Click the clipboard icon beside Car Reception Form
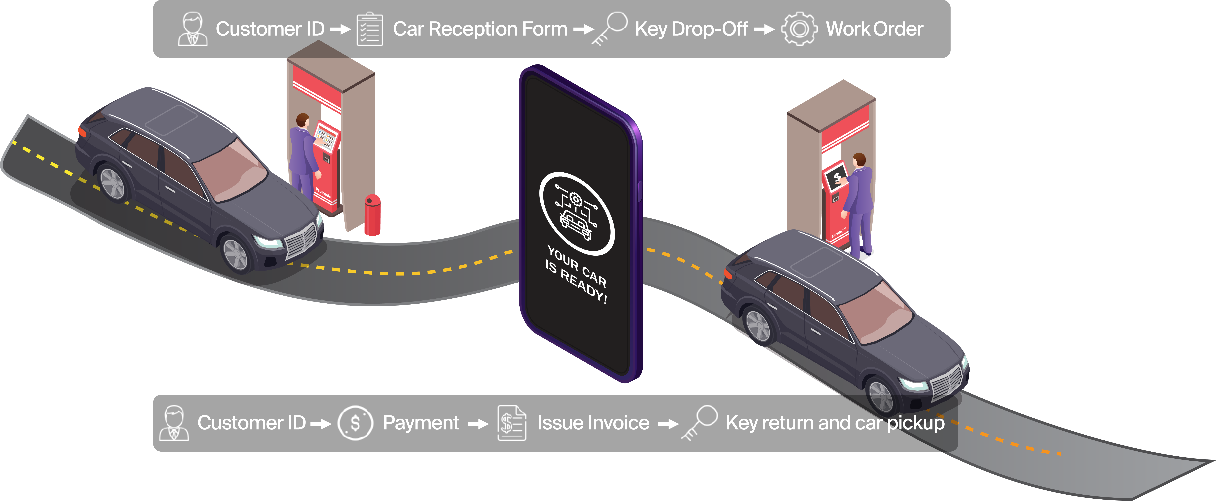point(369,29)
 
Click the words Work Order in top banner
point(874,29)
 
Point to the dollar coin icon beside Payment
point(355,423)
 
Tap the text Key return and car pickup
point(835,423)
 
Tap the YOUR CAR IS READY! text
point(576,274)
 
